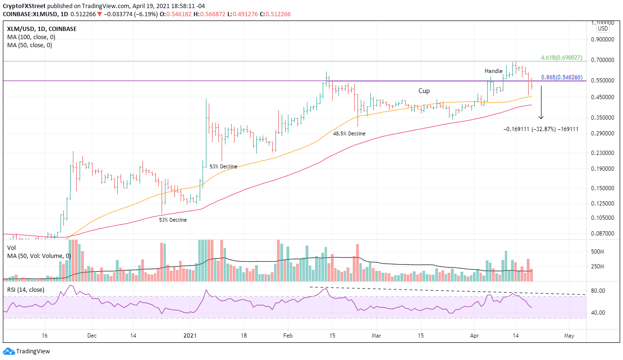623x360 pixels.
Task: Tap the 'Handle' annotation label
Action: (494, 71)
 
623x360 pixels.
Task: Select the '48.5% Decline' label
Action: (349, 134)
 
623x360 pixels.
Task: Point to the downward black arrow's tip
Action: (541, 119)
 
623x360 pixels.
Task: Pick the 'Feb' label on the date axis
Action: (287, 335)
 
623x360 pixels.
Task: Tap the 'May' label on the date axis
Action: (569, 335)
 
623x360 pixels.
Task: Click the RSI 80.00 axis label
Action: (598, 291)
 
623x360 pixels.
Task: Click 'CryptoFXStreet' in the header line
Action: (24, 6)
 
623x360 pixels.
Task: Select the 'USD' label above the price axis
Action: (604, 29)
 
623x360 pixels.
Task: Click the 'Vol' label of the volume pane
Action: (11, 248)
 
